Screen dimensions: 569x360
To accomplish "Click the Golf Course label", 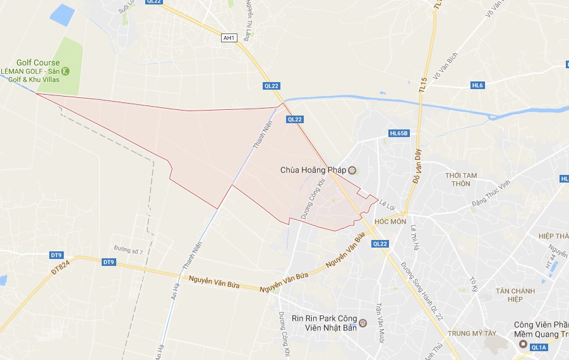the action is tap(38, 63).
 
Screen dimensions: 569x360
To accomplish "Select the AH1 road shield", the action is tap(229, 38).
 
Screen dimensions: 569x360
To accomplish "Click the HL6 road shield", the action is tap(477, 85).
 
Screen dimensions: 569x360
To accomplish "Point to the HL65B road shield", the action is tap(399, 133).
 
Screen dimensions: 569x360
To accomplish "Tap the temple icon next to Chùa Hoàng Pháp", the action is tap(352, 170).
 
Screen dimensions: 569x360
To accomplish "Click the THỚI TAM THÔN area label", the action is tap(461, 179).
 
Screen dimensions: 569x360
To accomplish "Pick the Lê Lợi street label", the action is tap(386, 203).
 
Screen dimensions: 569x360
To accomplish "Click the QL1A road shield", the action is tap(539, 347).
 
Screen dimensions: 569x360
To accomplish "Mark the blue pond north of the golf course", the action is tap(63, 15).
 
